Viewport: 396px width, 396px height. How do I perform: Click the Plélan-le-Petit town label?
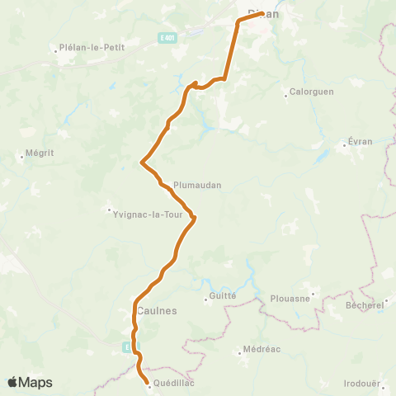pos(92,48)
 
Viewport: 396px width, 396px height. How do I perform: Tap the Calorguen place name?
pos(312,92)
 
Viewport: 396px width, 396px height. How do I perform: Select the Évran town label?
pos(361,141)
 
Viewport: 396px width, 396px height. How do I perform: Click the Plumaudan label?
pos(197,186)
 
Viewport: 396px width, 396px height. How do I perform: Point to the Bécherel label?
pos(365,304)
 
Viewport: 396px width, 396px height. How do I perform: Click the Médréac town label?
pos(262,349)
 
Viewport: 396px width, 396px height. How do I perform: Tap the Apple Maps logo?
pos(31,382)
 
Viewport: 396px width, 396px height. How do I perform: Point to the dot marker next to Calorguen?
pos(285,92)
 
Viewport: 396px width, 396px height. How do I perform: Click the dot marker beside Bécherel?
pos(387,302)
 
